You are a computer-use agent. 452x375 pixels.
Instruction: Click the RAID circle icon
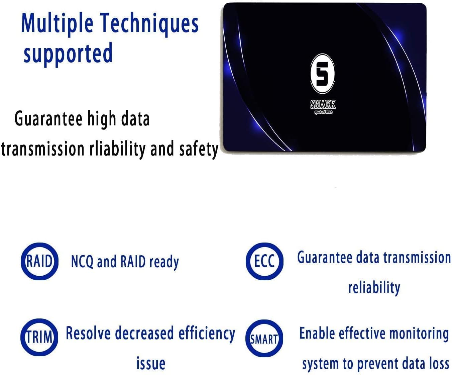(x=39, y=261)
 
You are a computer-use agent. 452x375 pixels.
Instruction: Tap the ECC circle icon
(x=264, y=261)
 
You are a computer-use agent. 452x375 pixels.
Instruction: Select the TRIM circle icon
(x=39, y=337)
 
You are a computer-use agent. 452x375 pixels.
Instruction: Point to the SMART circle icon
(x=264, y=339)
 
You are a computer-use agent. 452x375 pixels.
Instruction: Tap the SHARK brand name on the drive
(x=323, y=105)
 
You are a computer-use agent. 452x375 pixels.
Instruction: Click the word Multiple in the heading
(x=57, y=23)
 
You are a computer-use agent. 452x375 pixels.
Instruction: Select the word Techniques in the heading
(x=149, y=23)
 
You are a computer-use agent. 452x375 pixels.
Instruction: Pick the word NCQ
(x=82, y=262)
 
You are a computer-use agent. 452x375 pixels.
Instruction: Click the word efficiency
(x=207, y=334)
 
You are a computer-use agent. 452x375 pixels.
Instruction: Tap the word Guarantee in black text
(x=48, y=119)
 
